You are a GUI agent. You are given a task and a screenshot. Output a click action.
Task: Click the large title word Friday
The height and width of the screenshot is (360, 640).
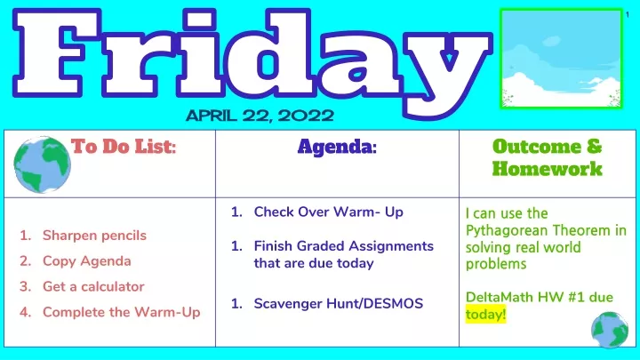click(251, 61)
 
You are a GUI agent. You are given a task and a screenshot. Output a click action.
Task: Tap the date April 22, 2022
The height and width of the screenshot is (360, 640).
click(260, 116)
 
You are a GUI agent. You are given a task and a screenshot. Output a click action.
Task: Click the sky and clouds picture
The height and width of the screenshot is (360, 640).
click(561, 59)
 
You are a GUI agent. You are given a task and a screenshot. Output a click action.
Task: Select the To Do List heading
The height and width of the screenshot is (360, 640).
click(124, 146)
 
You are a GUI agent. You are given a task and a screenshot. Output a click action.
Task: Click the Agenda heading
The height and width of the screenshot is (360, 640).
click(337, 147)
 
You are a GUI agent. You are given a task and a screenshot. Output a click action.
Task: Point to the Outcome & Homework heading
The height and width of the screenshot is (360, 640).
click(547, 157)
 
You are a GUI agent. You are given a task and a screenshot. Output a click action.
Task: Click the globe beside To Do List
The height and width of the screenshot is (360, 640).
click(42, 164)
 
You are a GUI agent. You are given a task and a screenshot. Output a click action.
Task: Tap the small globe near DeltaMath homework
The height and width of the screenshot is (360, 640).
click(610, 330)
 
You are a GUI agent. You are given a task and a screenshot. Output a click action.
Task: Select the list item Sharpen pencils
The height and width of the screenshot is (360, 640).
click(94, 236)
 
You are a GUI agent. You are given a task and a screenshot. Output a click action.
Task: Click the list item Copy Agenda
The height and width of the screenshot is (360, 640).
click(87, 261)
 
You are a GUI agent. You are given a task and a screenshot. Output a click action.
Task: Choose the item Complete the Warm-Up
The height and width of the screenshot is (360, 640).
click(122, 312)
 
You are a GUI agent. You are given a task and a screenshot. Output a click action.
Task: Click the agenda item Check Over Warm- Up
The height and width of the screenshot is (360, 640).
click(329, 212)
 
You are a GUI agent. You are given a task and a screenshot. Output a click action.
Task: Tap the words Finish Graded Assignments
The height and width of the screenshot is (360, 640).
click(344, 246)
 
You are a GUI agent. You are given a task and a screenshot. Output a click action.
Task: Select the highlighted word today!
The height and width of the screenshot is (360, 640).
click(485, 315)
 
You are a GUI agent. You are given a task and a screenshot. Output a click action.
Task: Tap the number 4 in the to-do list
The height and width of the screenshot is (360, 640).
click(25, 312)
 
